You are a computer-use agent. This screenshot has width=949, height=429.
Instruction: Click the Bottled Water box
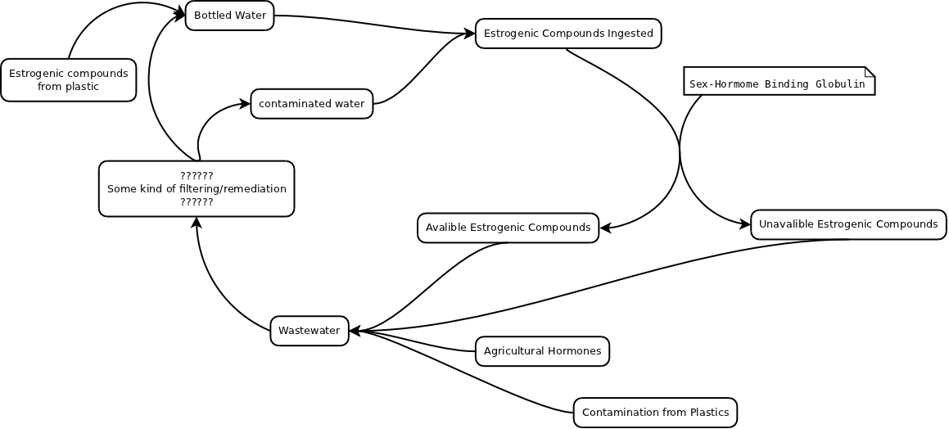[x=230, y=16]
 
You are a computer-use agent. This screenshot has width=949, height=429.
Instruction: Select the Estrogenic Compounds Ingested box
[x=568, y=34]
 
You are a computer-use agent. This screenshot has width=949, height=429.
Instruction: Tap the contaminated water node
[x=312, y=104]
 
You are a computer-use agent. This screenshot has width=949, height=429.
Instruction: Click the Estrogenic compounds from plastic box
[x=69, y=79]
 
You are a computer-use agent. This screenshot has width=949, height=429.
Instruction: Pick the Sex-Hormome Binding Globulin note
[x=777, y=84]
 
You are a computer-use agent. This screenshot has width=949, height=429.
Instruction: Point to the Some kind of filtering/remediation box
[x=197, y=188]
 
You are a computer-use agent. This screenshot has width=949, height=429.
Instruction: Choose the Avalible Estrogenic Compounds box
[x=508, y=228]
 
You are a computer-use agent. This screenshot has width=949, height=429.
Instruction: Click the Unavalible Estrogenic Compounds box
[x=848, y=224]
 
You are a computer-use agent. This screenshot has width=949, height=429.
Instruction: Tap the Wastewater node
[x=310, y=331]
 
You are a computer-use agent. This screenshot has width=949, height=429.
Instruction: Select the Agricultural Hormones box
[x=542, y=351]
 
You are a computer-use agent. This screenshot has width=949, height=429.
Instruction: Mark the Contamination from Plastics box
[x=655, y=413]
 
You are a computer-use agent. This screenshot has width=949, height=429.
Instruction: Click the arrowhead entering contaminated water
[x=245, y=104]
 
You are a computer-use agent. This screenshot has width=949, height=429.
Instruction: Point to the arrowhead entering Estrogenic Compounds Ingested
[x=470, y=34]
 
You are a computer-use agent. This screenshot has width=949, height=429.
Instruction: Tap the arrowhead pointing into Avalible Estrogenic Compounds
[x=606, y=228]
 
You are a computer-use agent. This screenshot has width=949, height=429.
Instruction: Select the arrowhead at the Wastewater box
[x=356, y=331]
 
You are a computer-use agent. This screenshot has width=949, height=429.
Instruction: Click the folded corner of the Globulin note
[x=870, y=72]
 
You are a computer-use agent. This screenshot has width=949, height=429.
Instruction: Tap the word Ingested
[x=630, y=34]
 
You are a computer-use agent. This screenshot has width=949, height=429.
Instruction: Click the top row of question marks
[x=197, y=175]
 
